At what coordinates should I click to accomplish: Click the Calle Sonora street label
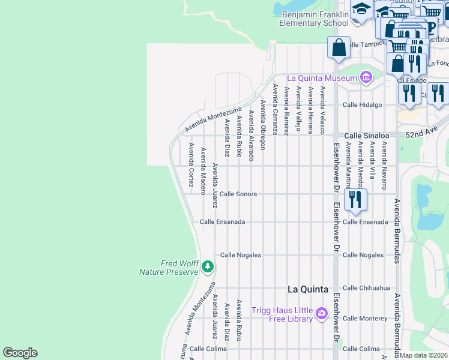coord(238,194)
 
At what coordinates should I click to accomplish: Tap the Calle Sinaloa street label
coord(366,136)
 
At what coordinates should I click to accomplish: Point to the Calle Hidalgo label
coord(362,104)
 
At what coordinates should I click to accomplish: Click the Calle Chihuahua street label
coord(366,288)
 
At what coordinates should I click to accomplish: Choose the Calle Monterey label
coord(365,318)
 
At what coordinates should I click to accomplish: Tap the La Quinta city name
coord(308,289)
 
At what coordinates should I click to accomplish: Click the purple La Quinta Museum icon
coord(366,77)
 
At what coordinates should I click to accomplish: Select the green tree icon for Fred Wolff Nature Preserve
coord(208,266)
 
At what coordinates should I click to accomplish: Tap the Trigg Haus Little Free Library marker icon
coord(322,313)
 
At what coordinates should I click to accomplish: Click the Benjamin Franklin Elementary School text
coord(314,19)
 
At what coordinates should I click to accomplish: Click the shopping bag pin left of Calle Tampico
coord(339,47)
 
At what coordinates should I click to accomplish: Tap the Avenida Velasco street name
coord(322,110)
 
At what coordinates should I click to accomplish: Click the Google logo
coord(20,353)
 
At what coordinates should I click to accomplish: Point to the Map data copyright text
coord(424,355)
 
